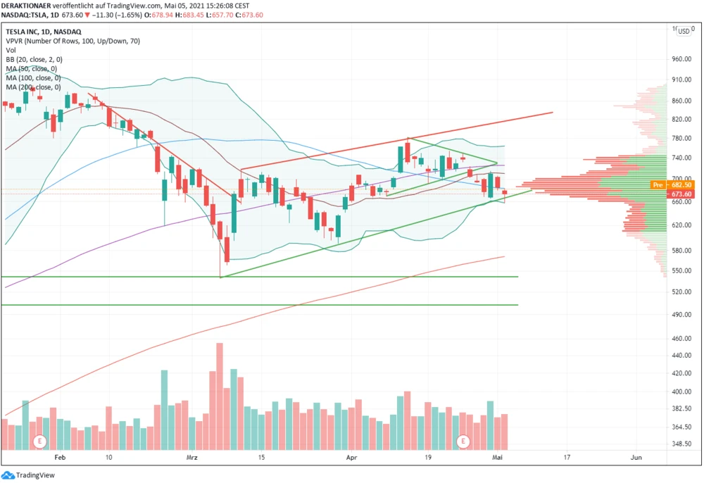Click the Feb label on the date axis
click(x=60, y=457)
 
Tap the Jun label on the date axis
click(x=636, y=457)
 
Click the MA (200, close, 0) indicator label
click(x=32, y=87)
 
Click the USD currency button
click(x=684, y=30)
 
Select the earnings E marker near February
click(x=40, y=442)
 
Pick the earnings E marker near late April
click(x=463, y=442)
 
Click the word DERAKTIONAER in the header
click(x=25, y=6)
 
